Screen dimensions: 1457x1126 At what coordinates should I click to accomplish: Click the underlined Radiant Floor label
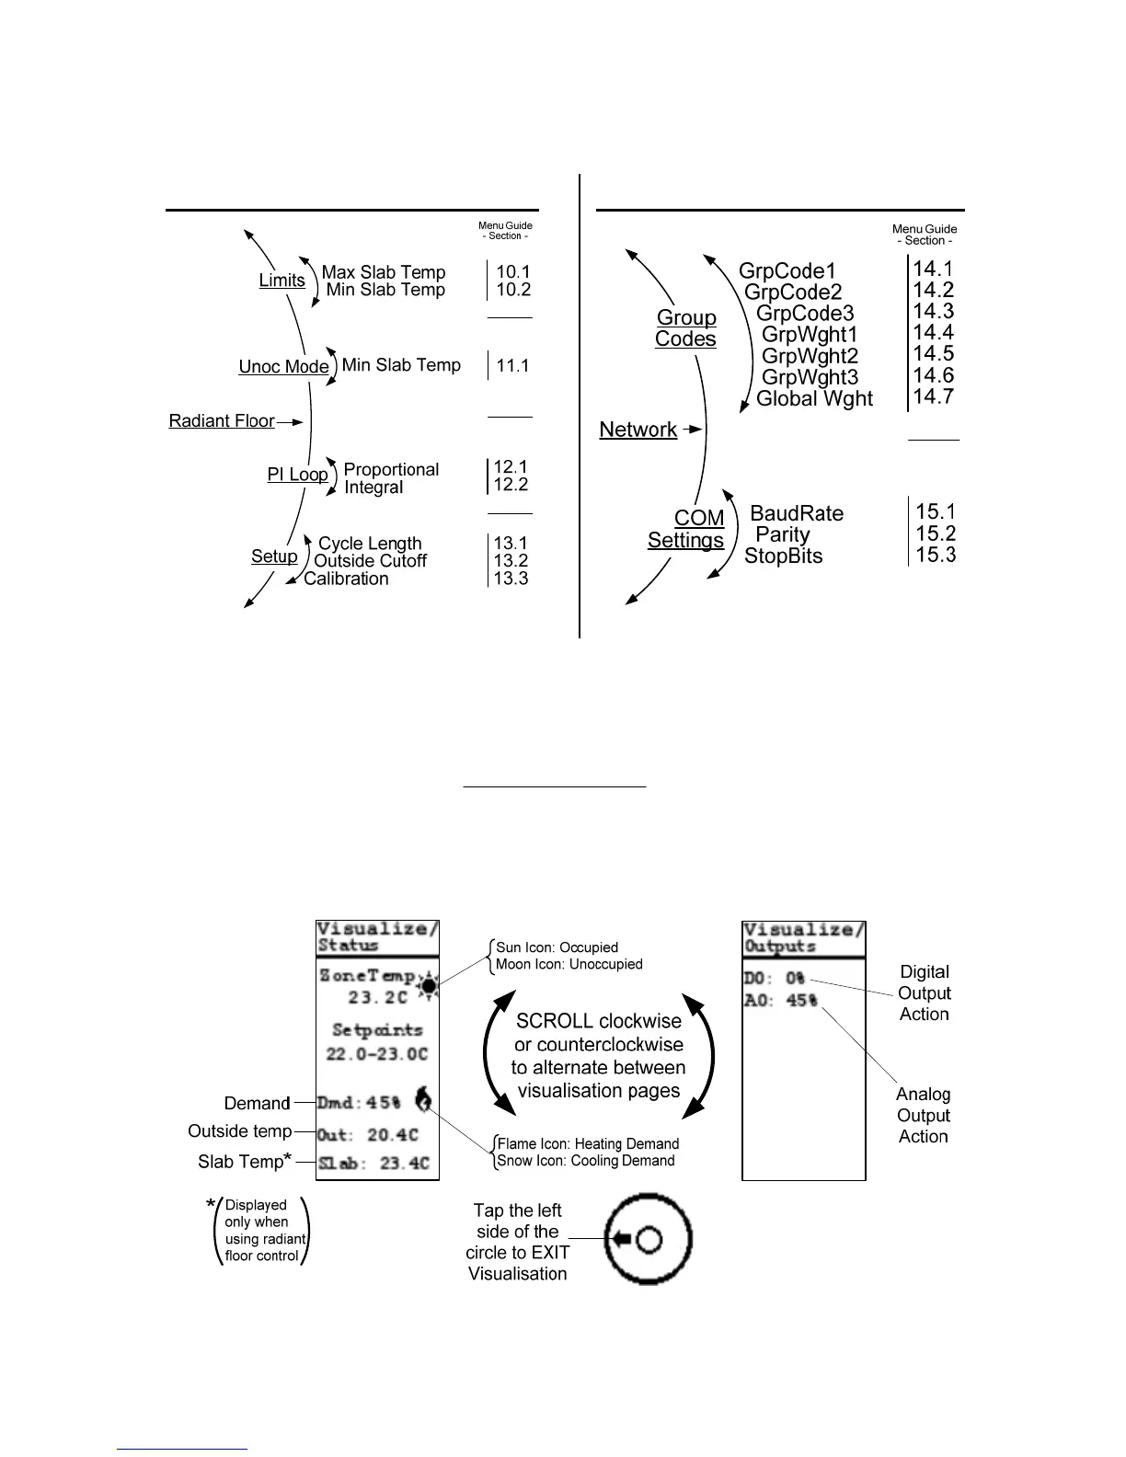click(222, 421)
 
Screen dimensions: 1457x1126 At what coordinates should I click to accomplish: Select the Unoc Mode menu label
click(283, 367)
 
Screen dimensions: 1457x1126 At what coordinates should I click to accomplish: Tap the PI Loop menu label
click(297, 475)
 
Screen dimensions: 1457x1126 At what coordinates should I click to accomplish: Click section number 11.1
click(512, 366)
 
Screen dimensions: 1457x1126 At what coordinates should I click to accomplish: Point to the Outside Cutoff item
click(370, 561)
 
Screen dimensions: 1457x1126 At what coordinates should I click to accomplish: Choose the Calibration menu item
click(346, 579)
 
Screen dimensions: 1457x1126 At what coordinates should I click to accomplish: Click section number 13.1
click(511, 544)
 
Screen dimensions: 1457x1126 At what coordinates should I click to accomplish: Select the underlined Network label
click(638, 430)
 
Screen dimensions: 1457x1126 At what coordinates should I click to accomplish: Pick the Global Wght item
click(814, 399)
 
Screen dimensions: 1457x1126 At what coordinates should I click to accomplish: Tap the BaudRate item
click(797, 513)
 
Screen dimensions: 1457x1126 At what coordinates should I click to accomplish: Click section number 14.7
click(933, 396)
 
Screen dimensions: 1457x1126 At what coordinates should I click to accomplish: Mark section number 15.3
click(936, 555)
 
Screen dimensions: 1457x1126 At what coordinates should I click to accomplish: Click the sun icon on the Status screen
click(428, 986)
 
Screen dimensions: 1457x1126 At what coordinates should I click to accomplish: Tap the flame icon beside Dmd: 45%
click(423, 1098)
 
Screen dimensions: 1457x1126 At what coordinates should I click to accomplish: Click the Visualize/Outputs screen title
click(804, 937)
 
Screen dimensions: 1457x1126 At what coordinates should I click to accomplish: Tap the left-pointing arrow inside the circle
click(623, 1240)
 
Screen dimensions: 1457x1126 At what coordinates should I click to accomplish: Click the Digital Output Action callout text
click(924, 993)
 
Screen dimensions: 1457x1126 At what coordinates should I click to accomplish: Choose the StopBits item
click(783, 556)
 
